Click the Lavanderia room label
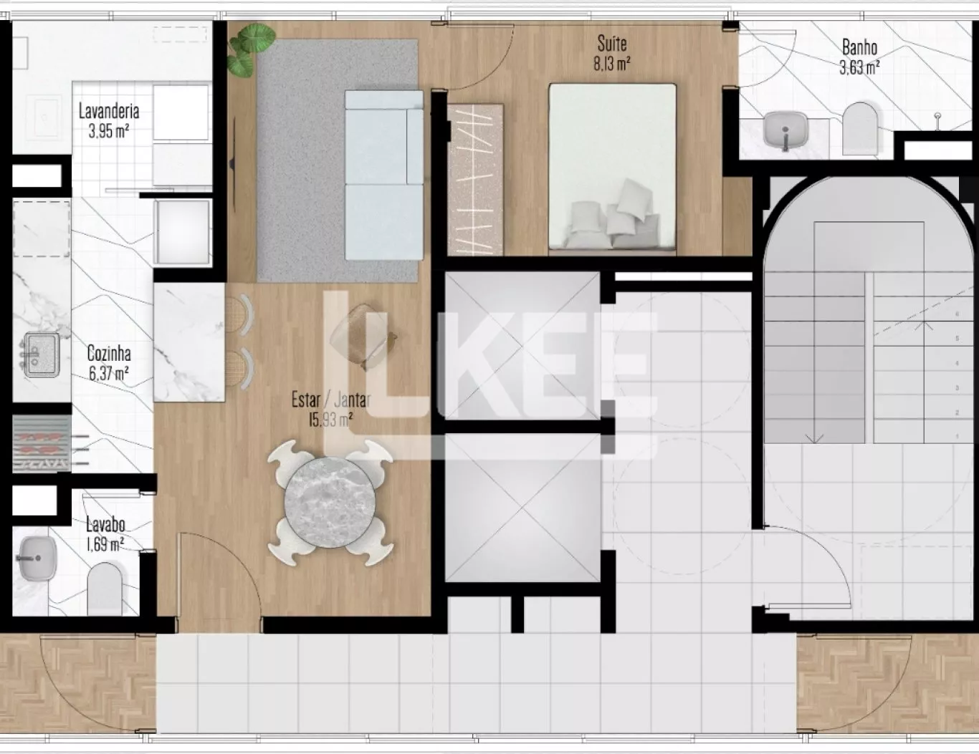coord(108,111)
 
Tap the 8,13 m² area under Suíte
coord(612,64)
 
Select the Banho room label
coord(859,47)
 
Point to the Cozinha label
coord(109,353)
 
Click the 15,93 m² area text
coord(330,420)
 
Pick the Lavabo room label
coord(105,524)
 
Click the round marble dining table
coord(330,502)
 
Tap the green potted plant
coord(251,49)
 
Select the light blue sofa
coord(384,175)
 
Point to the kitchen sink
coord(41,354)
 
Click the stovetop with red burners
coord(42,444)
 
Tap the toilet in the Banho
coord(860,129)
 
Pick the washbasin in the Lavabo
coord(37,559)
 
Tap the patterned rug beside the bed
coord(475,180)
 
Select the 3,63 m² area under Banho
coord(859,67)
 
